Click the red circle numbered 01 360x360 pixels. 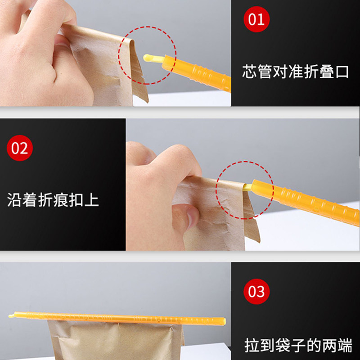point(256,19)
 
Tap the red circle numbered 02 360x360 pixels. point(20,148)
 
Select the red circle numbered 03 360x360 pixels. point(256,291)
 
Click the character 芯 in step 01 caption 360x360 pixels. point(250,72)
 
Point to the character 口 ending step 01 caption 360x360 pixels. point(342,72)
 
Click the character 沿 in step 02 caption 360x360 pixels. point(14,200)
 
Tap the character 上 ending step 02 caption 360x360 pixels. point(91,200)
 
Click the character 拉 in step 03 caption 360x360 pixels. point(252,345)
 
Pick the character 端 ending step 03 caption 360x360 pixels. point(345,345)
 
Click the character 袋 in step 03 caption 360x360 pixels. point(283,345)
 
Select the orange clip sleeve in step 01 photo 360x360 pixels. point(196,73)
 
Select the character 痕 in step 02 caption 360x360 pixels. point(61,200)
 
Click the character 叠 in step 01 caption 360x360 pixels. point(327,72)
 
